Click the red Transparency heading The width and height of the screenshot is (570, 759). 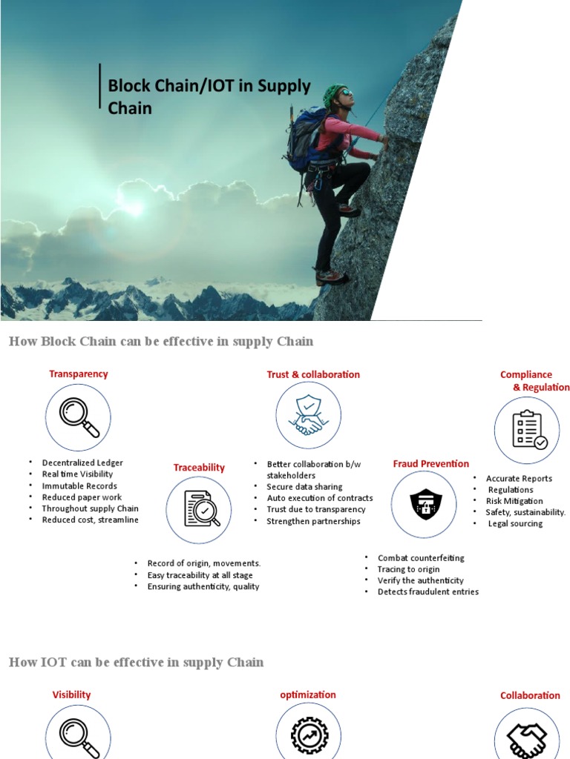[x=79, y=374]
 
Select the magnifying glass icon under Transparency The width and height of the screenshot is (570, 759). [x=79, y=417]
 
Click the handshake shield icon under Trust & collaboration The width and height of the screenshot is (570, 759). [x=308, y=415]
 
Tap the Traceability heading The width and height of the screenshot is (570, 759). [x=199, y=467]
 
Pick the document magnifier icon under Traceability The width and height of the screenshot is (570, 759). [x=202, y=508]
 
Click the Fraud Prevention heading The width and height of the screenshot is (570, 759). [x=431, y=464]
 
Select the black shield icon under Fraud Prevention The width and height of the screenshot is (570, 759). [x=425, y=504]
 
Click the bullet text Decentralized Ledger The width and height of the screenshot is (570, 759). [x=82, y=463]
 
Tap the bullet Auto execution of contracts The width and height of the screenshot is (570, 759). [x=320, y=498]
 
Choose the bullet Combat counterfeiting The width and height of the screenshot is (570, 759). [x=421, y=557]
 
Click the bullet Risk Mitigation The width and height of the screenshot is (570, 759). [x=514, y=501]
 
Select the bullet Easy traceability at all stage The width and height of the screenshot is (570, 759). [x=200, y=575]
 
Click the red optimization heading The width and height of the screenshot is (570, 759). [x=308, y=695]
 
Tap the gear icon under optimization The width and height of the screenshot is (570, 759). [x=309, y=735]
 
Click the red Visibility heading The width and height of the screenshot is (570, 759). [x=71, y=695]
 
